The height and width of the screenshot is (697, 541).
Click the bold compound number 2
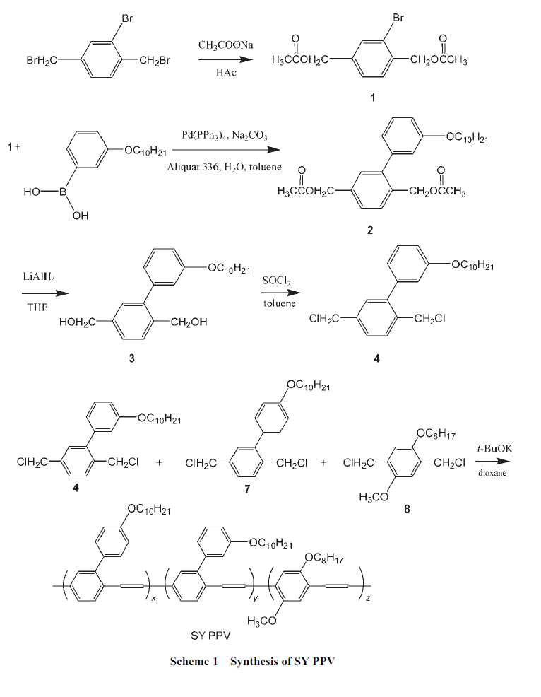pyautogui.click(x=369, y=230)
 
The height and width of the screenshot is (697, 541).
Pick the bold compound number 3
pyautogui.click(x=131, y=358)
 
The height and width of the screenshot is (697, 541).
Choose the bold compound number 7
pyautogui.click(x=246, y=493)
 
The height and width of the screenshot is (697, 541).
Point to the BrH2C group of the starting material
pyautogui.click(x=42, y=61)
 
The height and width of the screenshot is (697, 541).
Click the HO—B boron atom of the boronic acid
pyautogui.click(x=61, y=192)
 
